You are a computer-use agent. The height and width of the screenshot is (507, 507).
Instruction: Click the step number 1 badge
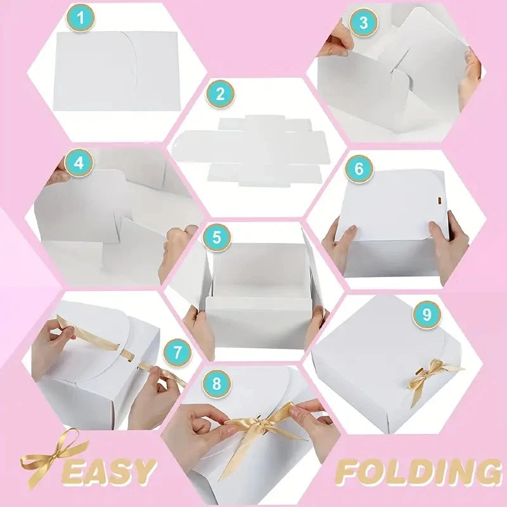click(80, 16)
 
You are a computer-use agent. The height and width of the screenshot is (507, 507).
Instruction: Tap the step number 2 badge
click(220, 94)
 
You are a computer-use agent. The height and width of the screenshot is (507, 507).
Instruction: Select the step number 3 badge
click(363, 23)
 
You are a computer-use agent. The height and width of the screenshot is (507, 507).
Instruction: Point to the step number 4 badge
click(79, 162)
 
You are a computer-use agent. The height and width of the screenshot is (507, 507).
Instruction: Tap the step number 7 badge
click(177, 350)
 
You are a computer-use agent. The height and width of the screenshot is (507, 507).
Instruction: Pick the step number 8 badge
click(217, 383)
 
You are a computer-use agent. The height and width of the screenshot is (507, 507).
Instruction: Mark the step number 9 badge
click(427, 314)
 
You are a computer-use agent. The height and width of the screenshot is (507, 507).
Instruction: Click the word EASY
click(111, 471)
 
